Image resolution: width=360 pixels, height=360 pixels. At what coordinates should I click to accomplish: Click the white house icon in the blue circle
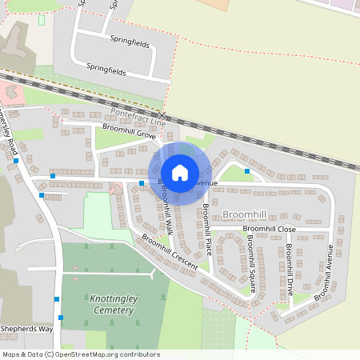point(180,172)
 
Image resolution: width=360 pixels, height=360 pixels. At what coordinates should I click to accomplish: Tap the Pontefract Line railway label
point(138,116)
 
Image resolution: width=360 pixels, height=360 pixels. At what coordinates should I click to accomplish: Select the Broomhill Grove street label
point(128,134)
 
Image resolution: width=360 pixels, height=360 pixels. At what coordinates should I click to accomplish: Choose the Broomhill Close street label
point(269,229)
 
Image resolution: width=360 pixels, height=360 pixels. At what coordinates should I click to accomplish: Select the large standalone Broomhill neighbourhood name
point(244,214)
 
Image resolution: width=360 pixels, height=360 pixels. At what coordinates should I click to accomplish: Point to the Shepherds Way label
point(26,328)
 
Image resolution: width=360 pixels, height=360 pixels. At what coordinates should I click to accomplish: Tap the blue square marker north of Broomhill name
point(247,171)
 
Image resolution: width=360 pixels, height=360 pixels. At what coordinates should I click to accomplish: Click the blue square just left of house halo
point(142,183)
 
